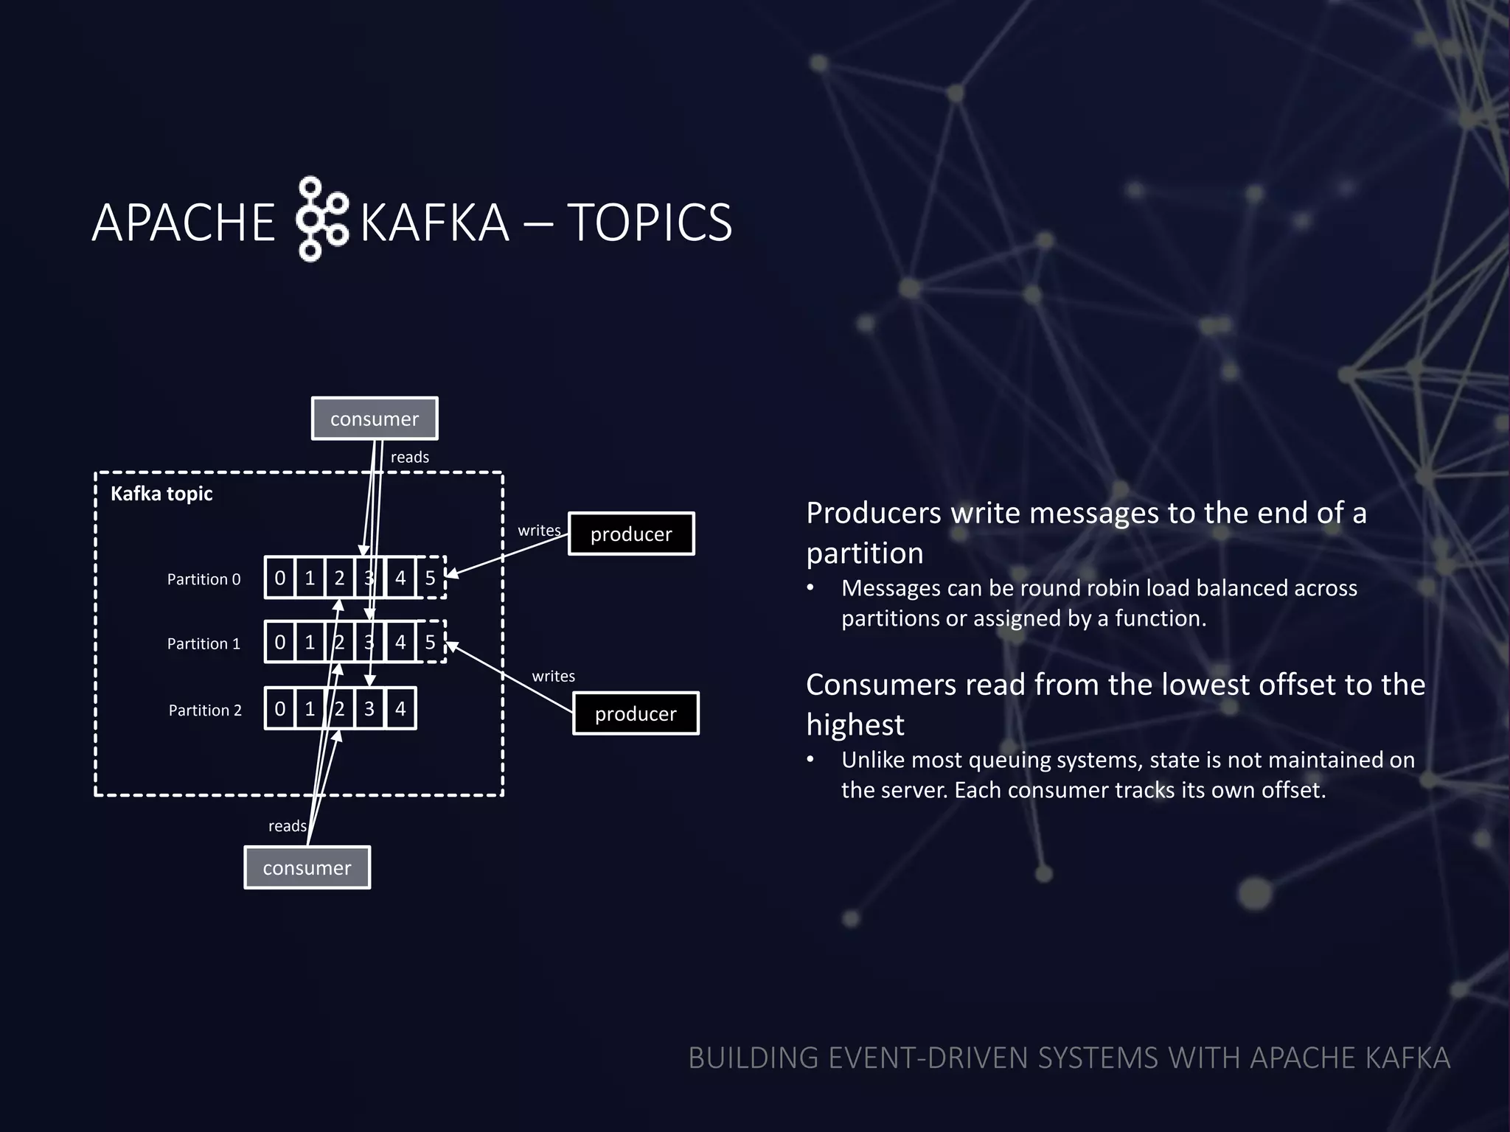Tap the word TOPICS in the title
pyautogui.click(x=649, y=223)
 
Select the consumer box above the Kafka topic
pyautogui.click(x=375, y=419)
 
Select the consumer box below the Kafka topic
pyautogui.click(x=307, y=867)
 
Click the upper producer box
pyautogui.click(x=631, y=534)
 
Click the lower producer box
pyautogui.click(x=636, y=713)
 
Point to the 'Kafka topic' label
pyautogui.click(x=161, y=494)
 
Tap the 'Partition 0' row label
pyautogui.click(x=203, y=579)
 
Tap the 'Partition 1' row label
pyautogui.click(x=203, y=643)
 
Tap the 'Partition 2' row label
pyautogui.click(x=205, y=710)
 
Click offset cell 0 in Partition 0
pyautogui.click(x=280, y=578)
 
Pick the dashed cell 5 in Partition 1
pyautogui.click(x=431, y=642)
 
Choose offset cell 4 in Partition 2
pyautogui.click(x=400, y=709)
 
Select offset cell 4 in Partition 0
pyautogui.click(x=400, y=578)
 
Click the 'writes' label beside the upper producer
pyautogui.click(x=539, y=531)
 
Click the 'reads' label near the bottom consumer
pyautogui.click(x=287, y=826)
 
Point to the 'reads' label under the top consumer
pyautogui.click(x=409, y=457)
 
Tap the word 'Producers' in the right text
pyautogui.click(x=874, y=513)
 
